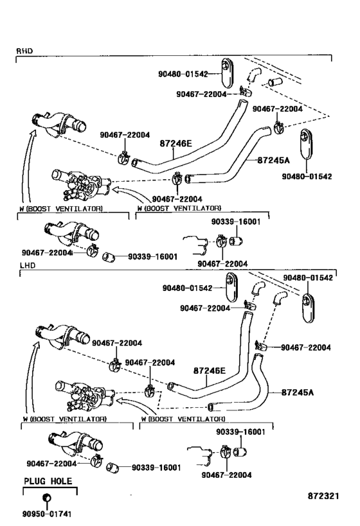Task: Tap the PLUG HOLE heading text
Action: [48, 481]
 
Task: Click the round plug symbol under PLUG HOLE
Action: [46, 499]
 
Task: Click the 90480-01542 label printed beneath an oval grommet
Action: [307, 176]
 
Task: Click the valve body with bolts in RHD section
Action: [80, 184]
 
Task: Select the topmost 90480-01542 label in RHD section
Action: [183, 74]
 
